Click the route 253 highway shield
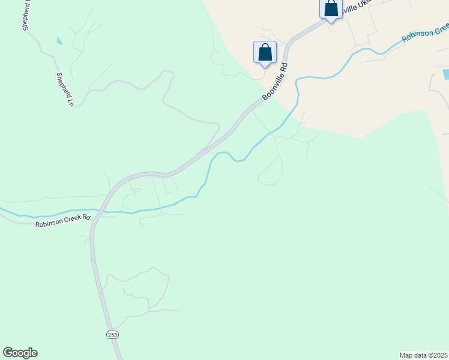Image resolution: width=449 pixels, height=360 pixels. point(112,334)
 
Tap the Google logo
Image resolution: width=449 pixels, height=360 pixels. point(20,353)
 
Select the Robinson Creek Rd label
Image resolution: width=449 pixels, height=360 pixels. point(63,220)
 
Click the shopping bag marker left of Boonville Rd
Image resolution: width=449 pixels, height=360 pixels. point(265,53)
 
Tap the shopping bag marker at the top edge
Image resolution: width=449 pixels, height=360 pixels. point(331,9)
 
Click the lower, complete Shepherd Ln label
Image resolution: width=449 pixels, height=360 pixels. point(64,89)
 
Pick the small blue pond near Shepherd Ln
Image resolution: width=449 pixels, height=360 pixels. point(59,41)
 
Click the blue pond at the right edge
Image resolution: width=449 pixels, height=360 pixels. point(445,74)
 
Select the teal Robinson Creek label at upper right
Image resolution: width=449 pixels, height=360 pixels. point(425,33)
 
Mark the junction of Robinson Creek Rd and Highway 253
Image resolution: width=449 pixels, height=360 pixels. point(96,216)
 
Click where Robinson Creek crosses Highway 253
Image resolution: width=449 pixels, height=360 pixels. point(101,211)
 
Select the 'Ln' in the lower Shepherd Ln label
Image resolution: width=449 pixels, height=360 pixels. point(69,102)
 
